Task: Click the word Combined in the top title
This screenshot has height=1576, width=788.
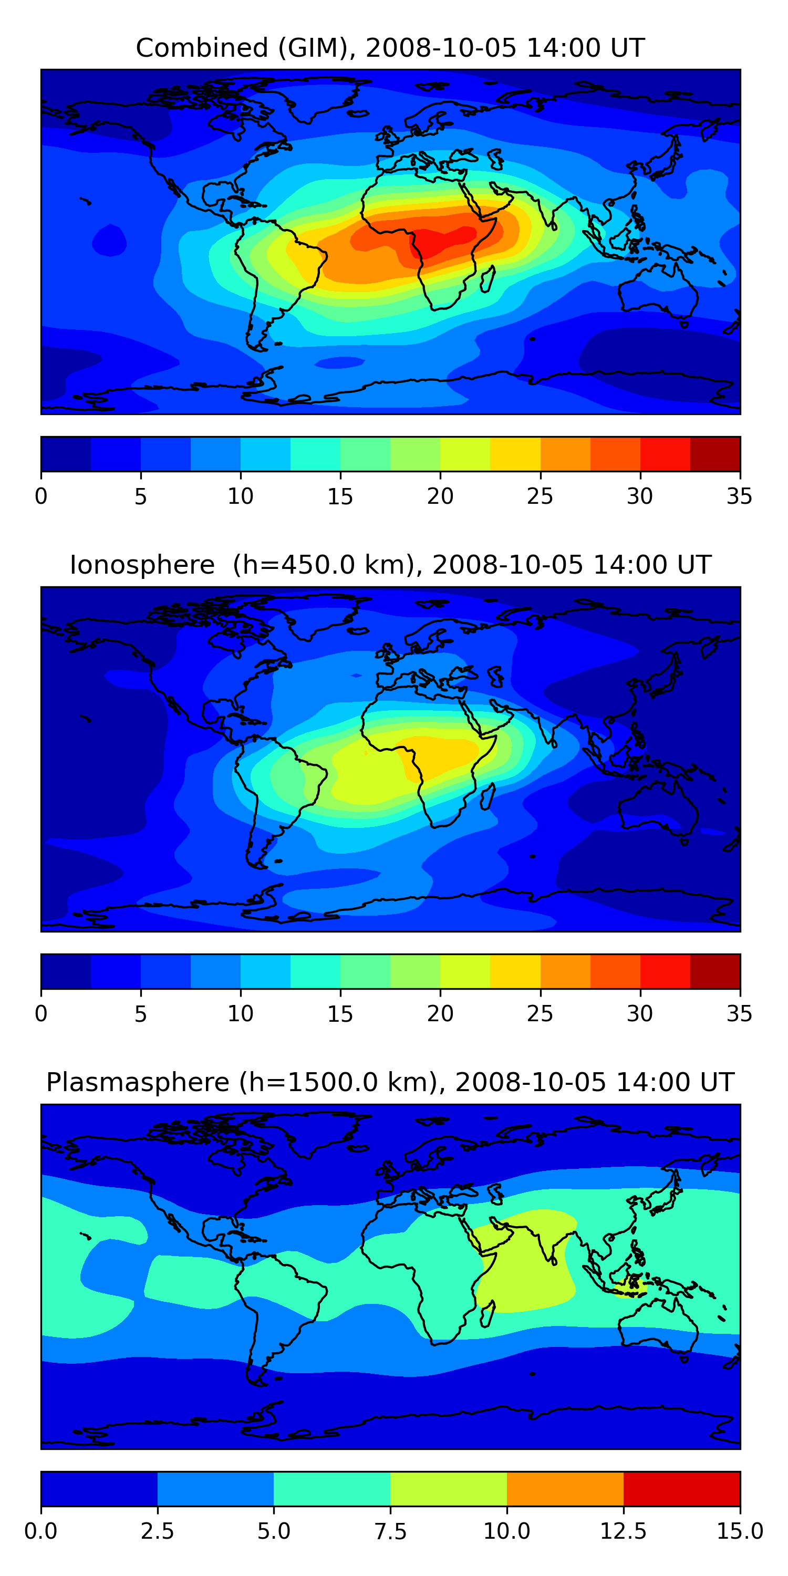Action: (202, 48)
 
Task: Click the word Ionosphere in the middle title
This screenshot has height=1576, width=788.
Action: (142, 565)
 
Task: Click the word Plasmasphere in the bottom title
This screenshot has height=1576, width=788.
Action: (138, 1082)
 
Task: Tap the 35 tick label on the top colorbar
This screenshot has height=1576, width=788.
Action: (739, 496)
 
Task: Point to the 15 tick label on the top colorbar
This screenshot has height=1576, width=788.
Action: (340, 496)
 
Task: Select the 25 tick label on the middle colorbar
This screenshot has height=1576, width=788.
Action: (540, 1014)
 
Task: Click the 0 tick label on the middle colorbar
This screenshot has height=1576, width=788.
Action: (41, 1014)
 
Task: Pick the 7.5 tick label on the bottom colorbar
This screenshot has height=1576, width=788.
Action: (390, 1531)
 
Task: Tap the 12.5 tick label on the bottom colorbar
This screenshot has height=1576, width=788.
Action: (623, 1531)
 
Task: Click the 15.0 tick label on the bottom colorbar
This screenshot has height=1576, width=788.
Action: (739, 1531)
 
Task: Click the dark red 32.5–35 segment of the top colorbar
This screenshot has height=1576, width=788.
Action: (714, 454)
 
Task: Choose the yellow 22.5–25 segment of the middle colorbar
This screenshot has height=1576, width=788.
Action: (515, 971)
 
